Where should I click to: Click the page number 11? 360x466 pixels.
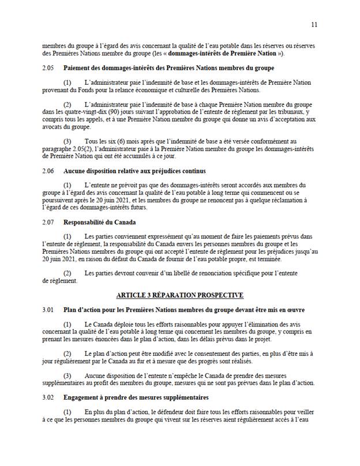pyautogui.click(x=314, y=24)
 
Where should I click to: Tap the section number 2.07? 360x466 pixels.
pyautogui.click(x=48, y=221)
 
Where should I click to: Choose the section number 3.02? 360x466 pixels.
pyautogui.click(x=48, y=398)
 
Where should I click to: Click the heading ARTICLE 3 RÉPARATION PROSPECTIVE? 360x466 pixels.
pyautogui.click(x=179, y=295)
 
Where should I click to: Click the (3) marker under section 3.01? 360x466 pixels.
pyautogui.click(x=67, y=376)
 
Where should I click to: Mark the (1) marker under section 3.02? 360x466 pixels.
pyautogui.click(x=67, y=412)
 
